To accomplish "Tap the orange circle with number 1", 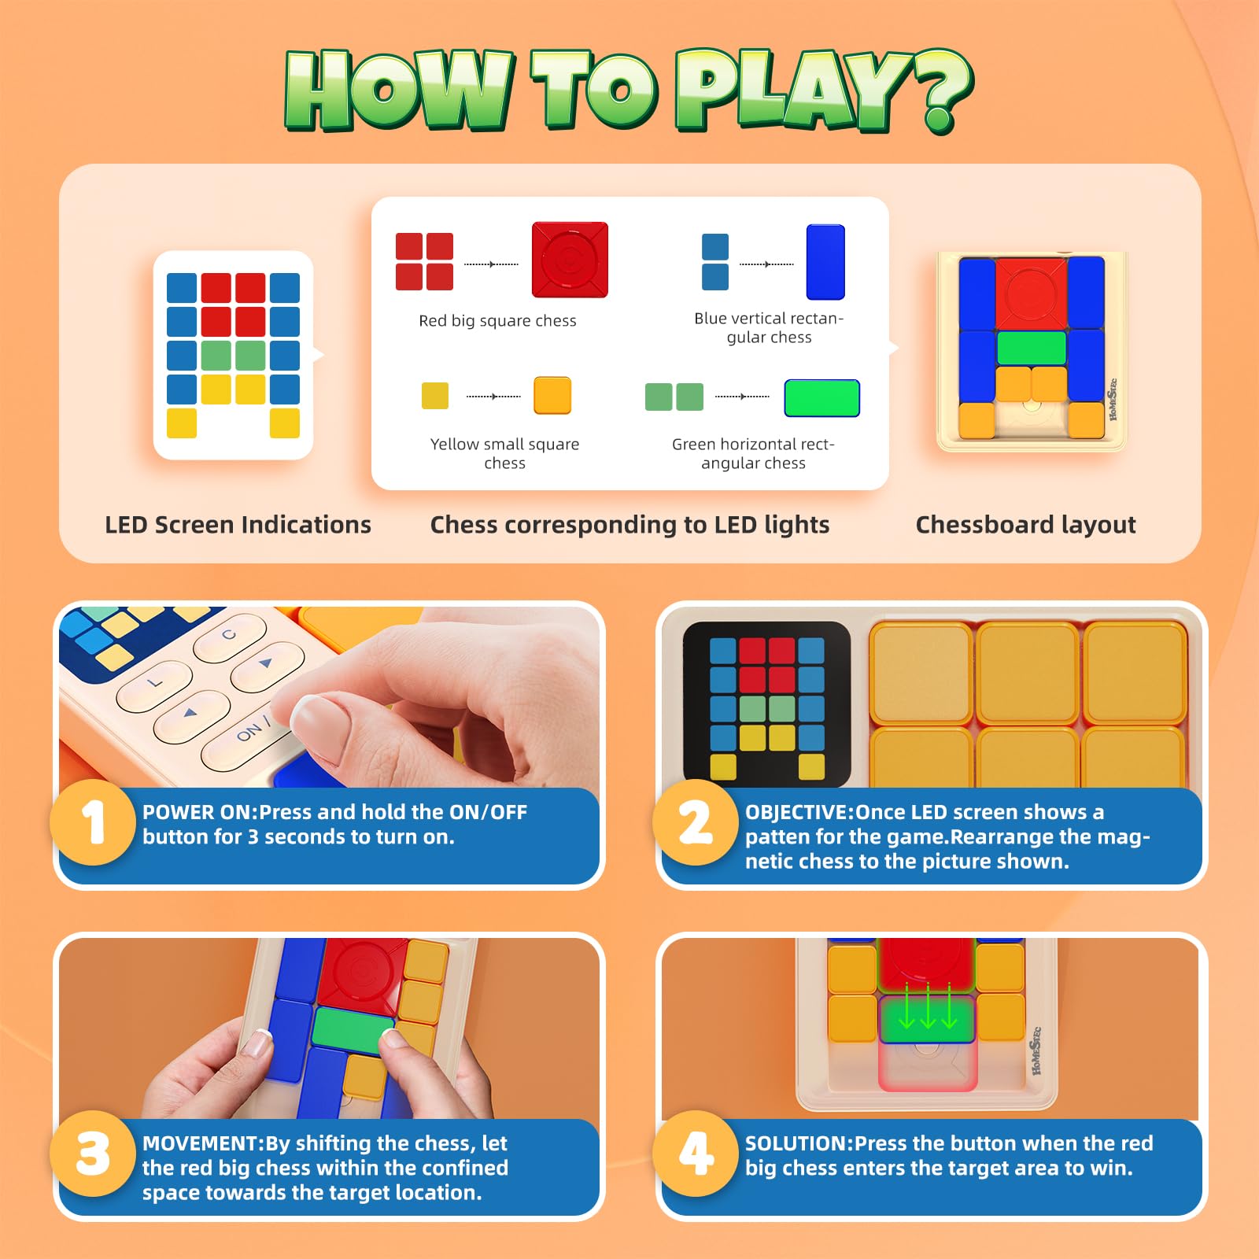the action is tap(93, 822).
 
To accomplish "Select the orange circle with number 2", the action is tap(696, 822).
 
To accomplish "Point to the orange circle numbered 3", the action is tap(93, 1154).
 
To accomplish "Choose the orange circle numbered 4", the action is tap(696, 1154).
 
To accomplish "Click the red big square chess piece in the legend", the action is tap(570, 260).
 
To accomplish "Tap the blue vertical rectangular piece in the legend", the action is tap(825, 262).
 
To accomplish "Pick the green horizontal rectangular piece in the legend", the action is tap(821, 397).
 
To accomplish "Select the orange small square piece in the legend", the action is tap(552, 395).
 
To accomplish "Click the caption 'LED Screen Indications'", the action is tap(238, 525).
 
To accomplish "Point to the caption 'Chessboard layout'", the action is tap(1025, 525).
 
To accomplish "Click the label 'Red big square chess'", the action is tap(497, 321).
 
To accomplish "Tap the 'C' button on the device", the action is tap(229, 636).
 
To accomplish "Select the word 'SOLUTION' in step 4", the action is tap(796, 1143).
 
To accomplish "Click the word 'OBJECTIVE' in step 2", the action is tap(796, 812).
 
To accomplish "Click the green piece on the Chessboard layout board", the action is tap(1031, 348).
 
